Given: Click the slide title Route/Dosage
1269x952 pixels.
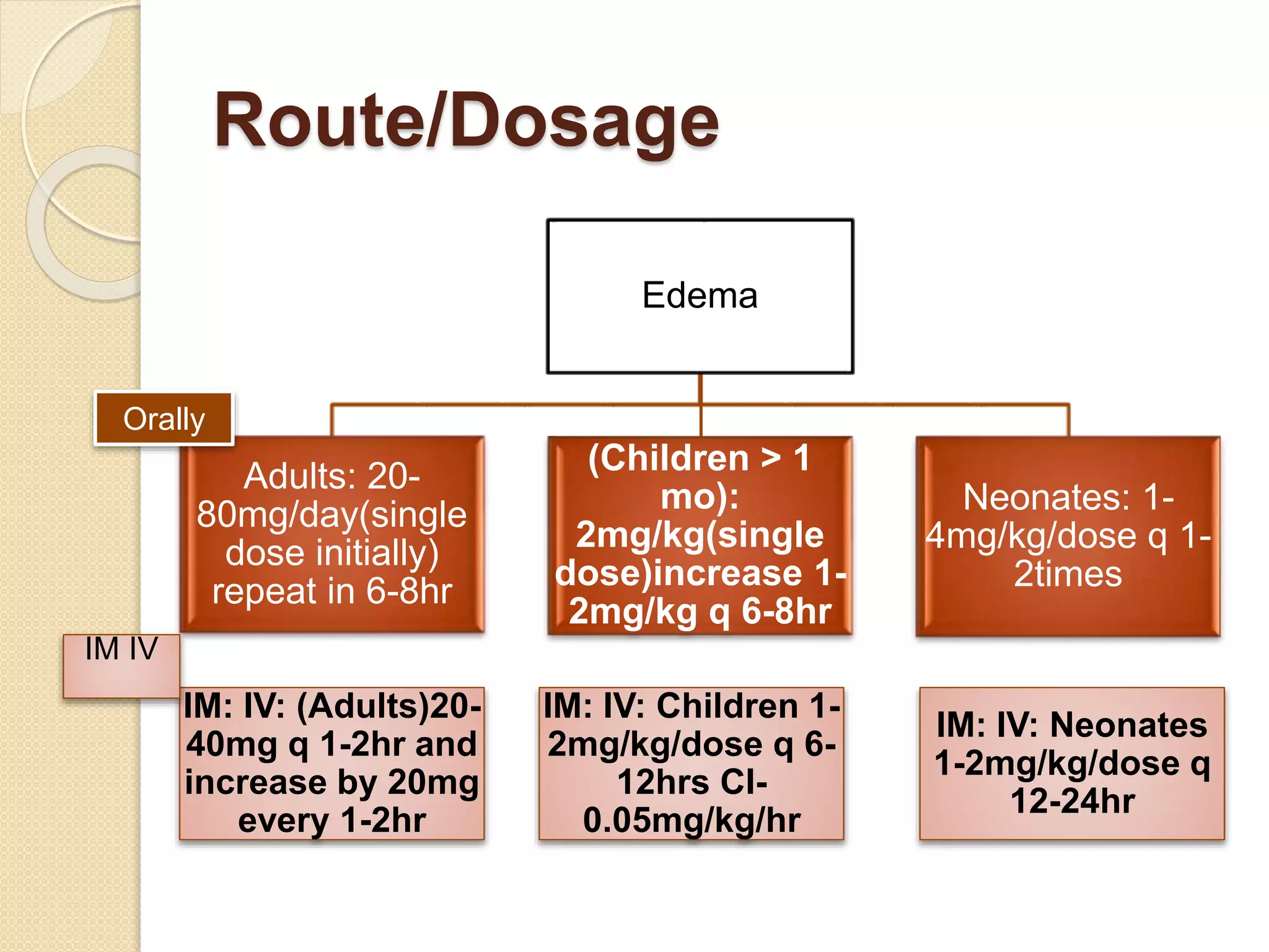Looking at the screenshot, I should (x=466, y=121).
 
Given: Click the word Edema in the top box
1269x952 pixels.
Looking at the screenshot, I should (x=700, y=295).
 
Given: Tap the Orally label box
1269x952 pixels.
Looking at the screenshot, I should (x=164, y=419).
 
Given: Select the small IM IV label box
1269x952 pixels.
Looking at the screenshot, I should (x=121, y=666).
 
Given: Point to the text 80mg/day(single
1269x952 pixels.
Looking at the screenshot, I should (x=332, y=514).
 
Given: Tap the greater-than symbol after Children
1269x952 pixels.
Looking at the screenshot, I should (x=771, y=458).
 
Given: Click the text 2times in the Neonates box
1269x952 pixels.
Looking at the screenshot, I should (x=1068, y=574).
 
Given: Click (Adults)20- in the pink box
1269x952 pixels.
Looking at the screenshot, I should (x=389, y=706).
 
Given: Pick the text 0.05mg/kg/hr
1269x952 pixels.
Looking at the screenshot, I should (x=692, y=820).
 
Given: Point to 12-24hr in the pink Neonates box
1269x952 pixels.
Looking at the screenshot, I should (x=1073, y=801).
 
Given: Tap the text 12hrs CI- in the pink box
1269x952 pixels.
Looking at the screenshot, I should (x=692, y=782).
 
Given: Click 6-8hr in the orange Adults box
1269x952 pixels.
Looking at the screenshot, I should (x=409, y=591).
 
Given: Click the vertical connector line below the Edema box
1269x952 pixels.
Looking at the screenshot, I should (x=700, y=389).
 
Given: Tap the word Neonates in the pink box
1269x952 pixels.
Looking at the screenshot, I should (x=1128, y=725).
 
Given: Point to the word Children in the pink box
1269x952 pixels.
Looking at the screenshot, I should (x=727, y=706).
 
